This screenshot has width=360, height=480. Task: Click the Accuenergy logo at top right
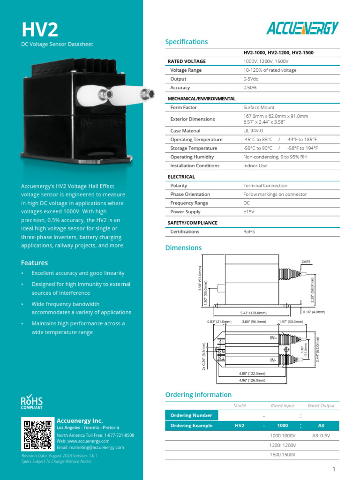click(x=302, y=28)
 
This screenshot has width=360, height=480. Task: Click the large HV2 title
click(x=40, y=30)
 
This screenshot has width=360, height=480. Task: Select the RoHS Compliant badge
click(x=31, y=403)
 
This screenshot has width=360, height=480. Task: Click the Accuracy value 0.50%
click(x=250, y=88)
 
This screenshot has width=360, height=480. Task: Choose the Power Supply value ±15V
click(x=248, y=212)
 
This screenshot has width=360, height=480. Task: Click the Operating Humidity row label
click(x=192, y=157)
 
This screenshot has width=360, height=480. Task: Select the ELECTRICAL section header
click(x=181, y=177)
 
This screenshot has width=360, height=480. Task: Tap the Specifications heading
click(x=186, y=42)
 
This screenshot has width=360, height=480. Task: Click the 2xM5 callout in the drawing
click(x=306, y=261)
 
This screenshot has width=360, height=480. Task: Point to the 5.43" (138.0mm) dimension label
click(x=250, y=313)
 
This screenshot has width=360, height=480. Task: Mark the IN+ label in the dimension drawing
click(x=274, y=337)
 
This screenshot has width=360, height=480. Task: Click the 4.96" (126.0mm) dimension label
click(x=252, y=380)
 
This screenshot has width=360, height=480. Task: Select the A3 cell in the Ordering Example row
click(x=321, y=426)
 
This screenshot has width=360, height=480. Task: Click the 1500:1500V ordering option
click(x=282, y=455)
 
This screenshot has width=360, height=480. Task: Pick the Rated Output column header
click(x=321, y=405)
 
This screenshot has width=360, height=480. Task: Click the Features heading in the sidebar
click(x=34, y=263)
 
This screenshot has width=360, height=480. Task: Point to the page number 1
click(x=334, y=469)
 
